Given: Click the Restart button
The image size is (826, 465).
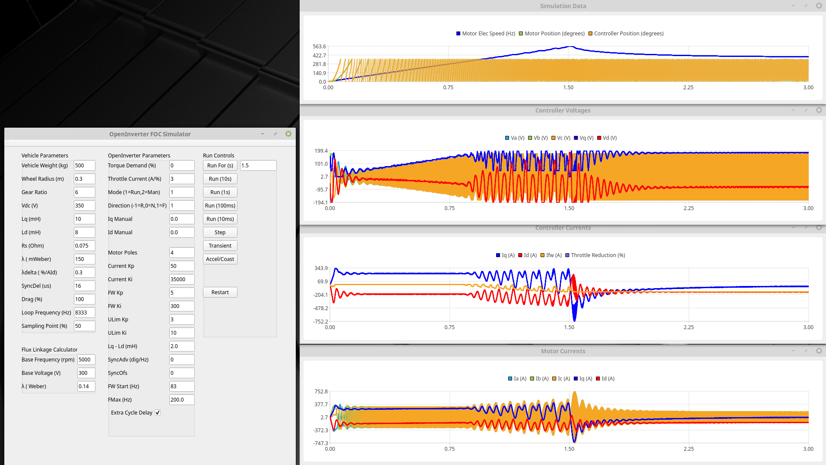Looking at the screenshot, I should coord(220,292).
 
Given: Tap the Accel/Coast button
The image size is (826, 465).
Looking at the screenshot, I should coord(220,259).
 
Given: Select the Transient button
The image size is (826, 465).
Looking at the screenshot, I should coord(220,246).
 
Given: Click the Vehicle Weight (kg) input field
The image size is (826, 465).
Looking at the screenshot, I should coord(84,166).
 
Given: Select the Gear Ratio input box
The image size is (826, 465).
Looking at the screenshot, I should coord(84,192).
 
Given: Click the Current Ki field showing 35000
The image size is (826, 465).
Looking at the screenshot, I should coord(181,280).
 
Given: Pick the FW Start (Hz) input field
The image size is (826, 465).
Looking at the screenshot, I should coord(181,386).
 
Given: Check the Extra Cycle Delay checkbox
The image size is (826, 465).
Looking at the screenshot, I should coord(158,413).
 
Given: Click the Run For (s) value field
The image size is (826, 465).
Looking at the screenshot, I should coord(258,166).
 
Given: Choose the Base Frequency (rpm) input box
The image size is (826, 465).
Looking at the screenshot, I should coord(86,360).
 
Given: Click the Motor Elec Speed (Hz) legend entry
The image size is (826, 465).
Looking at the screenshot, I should coord(485,34).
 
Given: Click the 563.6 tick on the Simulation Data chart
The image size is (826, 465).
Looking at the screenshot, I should coord(320,47).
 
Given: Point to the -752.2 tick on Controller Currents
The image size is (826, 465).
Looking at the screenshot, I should coord(320,322).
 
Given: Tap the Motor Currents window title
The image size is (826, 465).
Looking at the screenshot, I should coord(563,351).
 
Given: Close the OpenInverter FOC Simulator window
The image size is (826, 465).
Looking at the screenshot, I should coord(288,134).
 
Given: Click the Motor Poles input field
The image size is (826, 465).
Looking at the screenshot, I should coord(181,253).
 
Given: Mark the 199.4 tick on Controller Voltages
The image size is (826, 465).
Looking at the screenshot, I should coord(321,151).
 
